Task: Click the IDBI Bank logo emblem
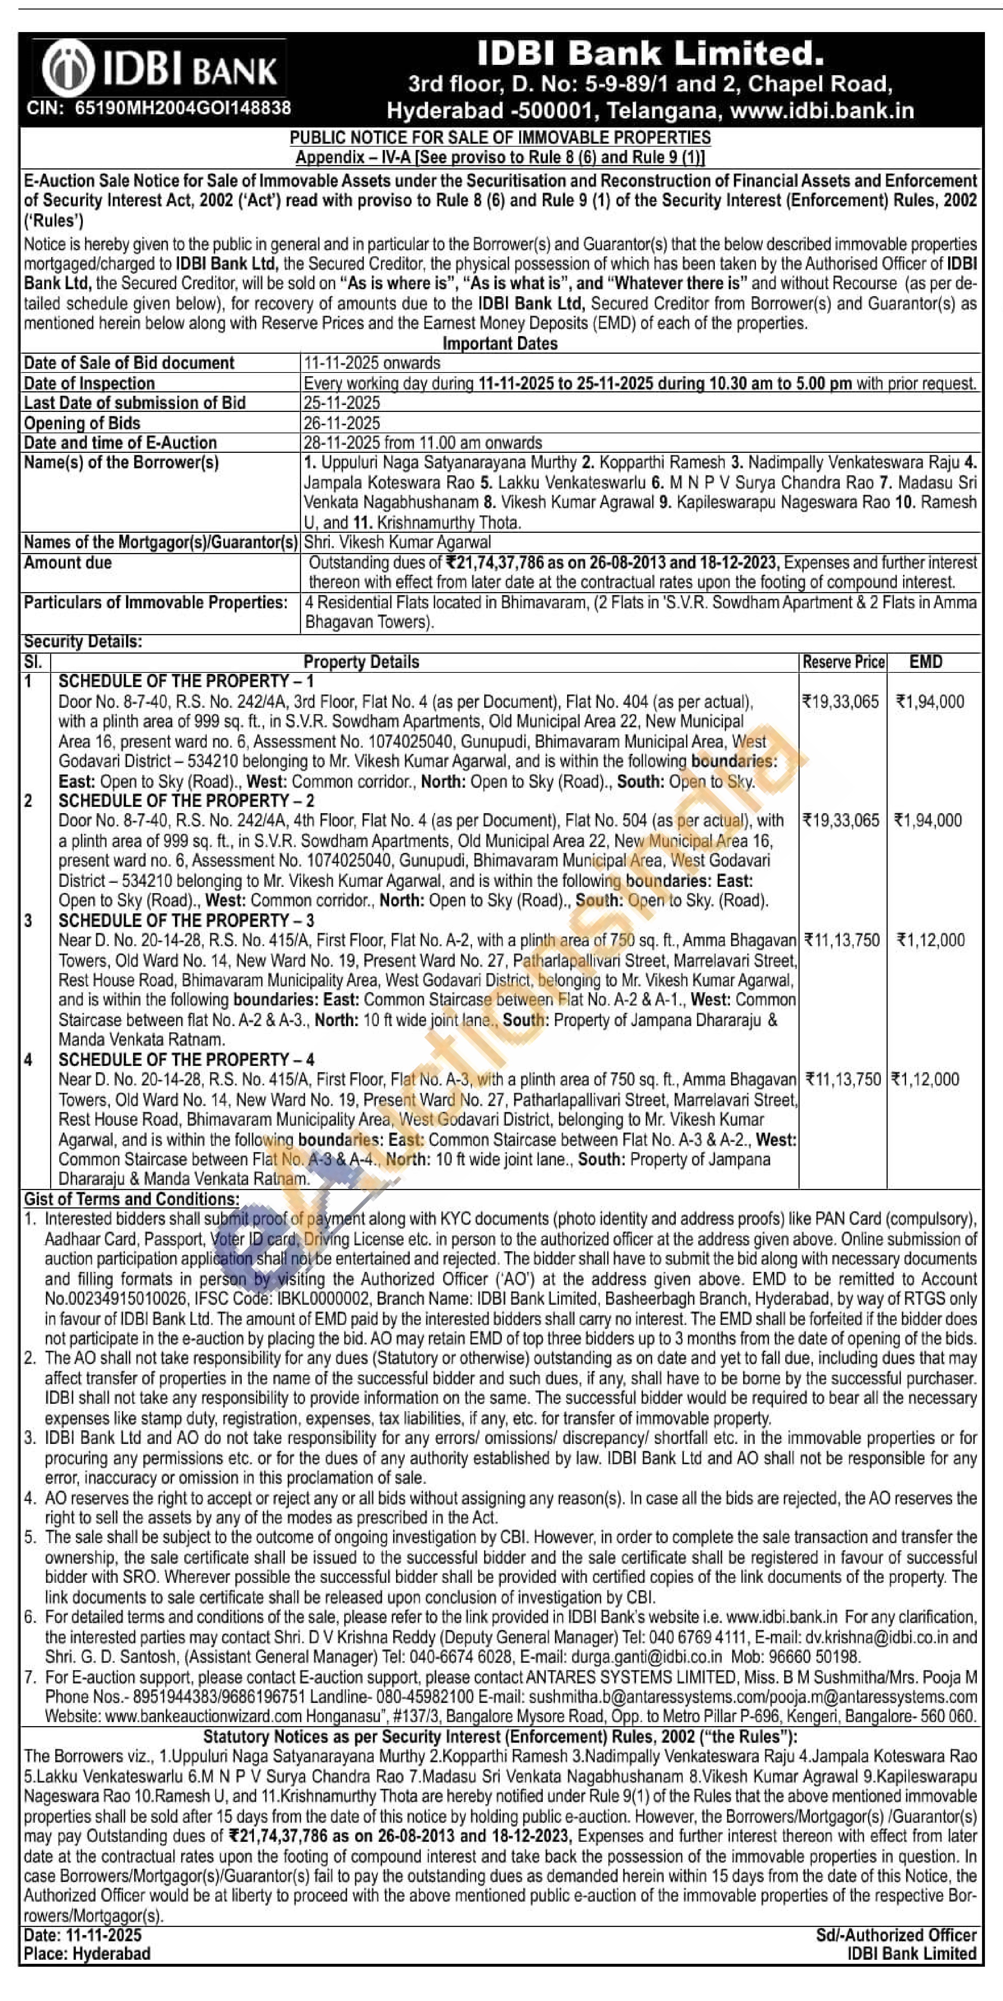point(69,70)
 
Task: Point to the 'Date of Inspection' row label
point(89,383)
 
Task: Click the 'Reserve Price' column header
point(843,662)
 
